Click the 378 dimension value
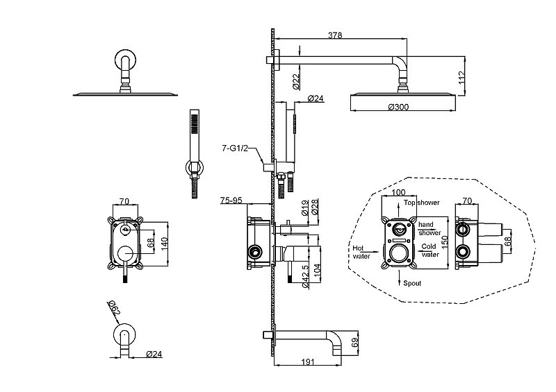click(335, 35)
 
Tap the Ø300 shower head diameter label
click(398, 107)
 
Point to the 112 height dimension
click(461, 78)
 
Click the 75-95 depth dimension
click(231, 201)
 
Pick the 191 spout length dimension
click(307, 361)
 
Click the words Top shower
click(421, 203)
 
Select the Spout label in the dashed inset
click(412, 283)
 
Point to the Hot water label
click(361, 252)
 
